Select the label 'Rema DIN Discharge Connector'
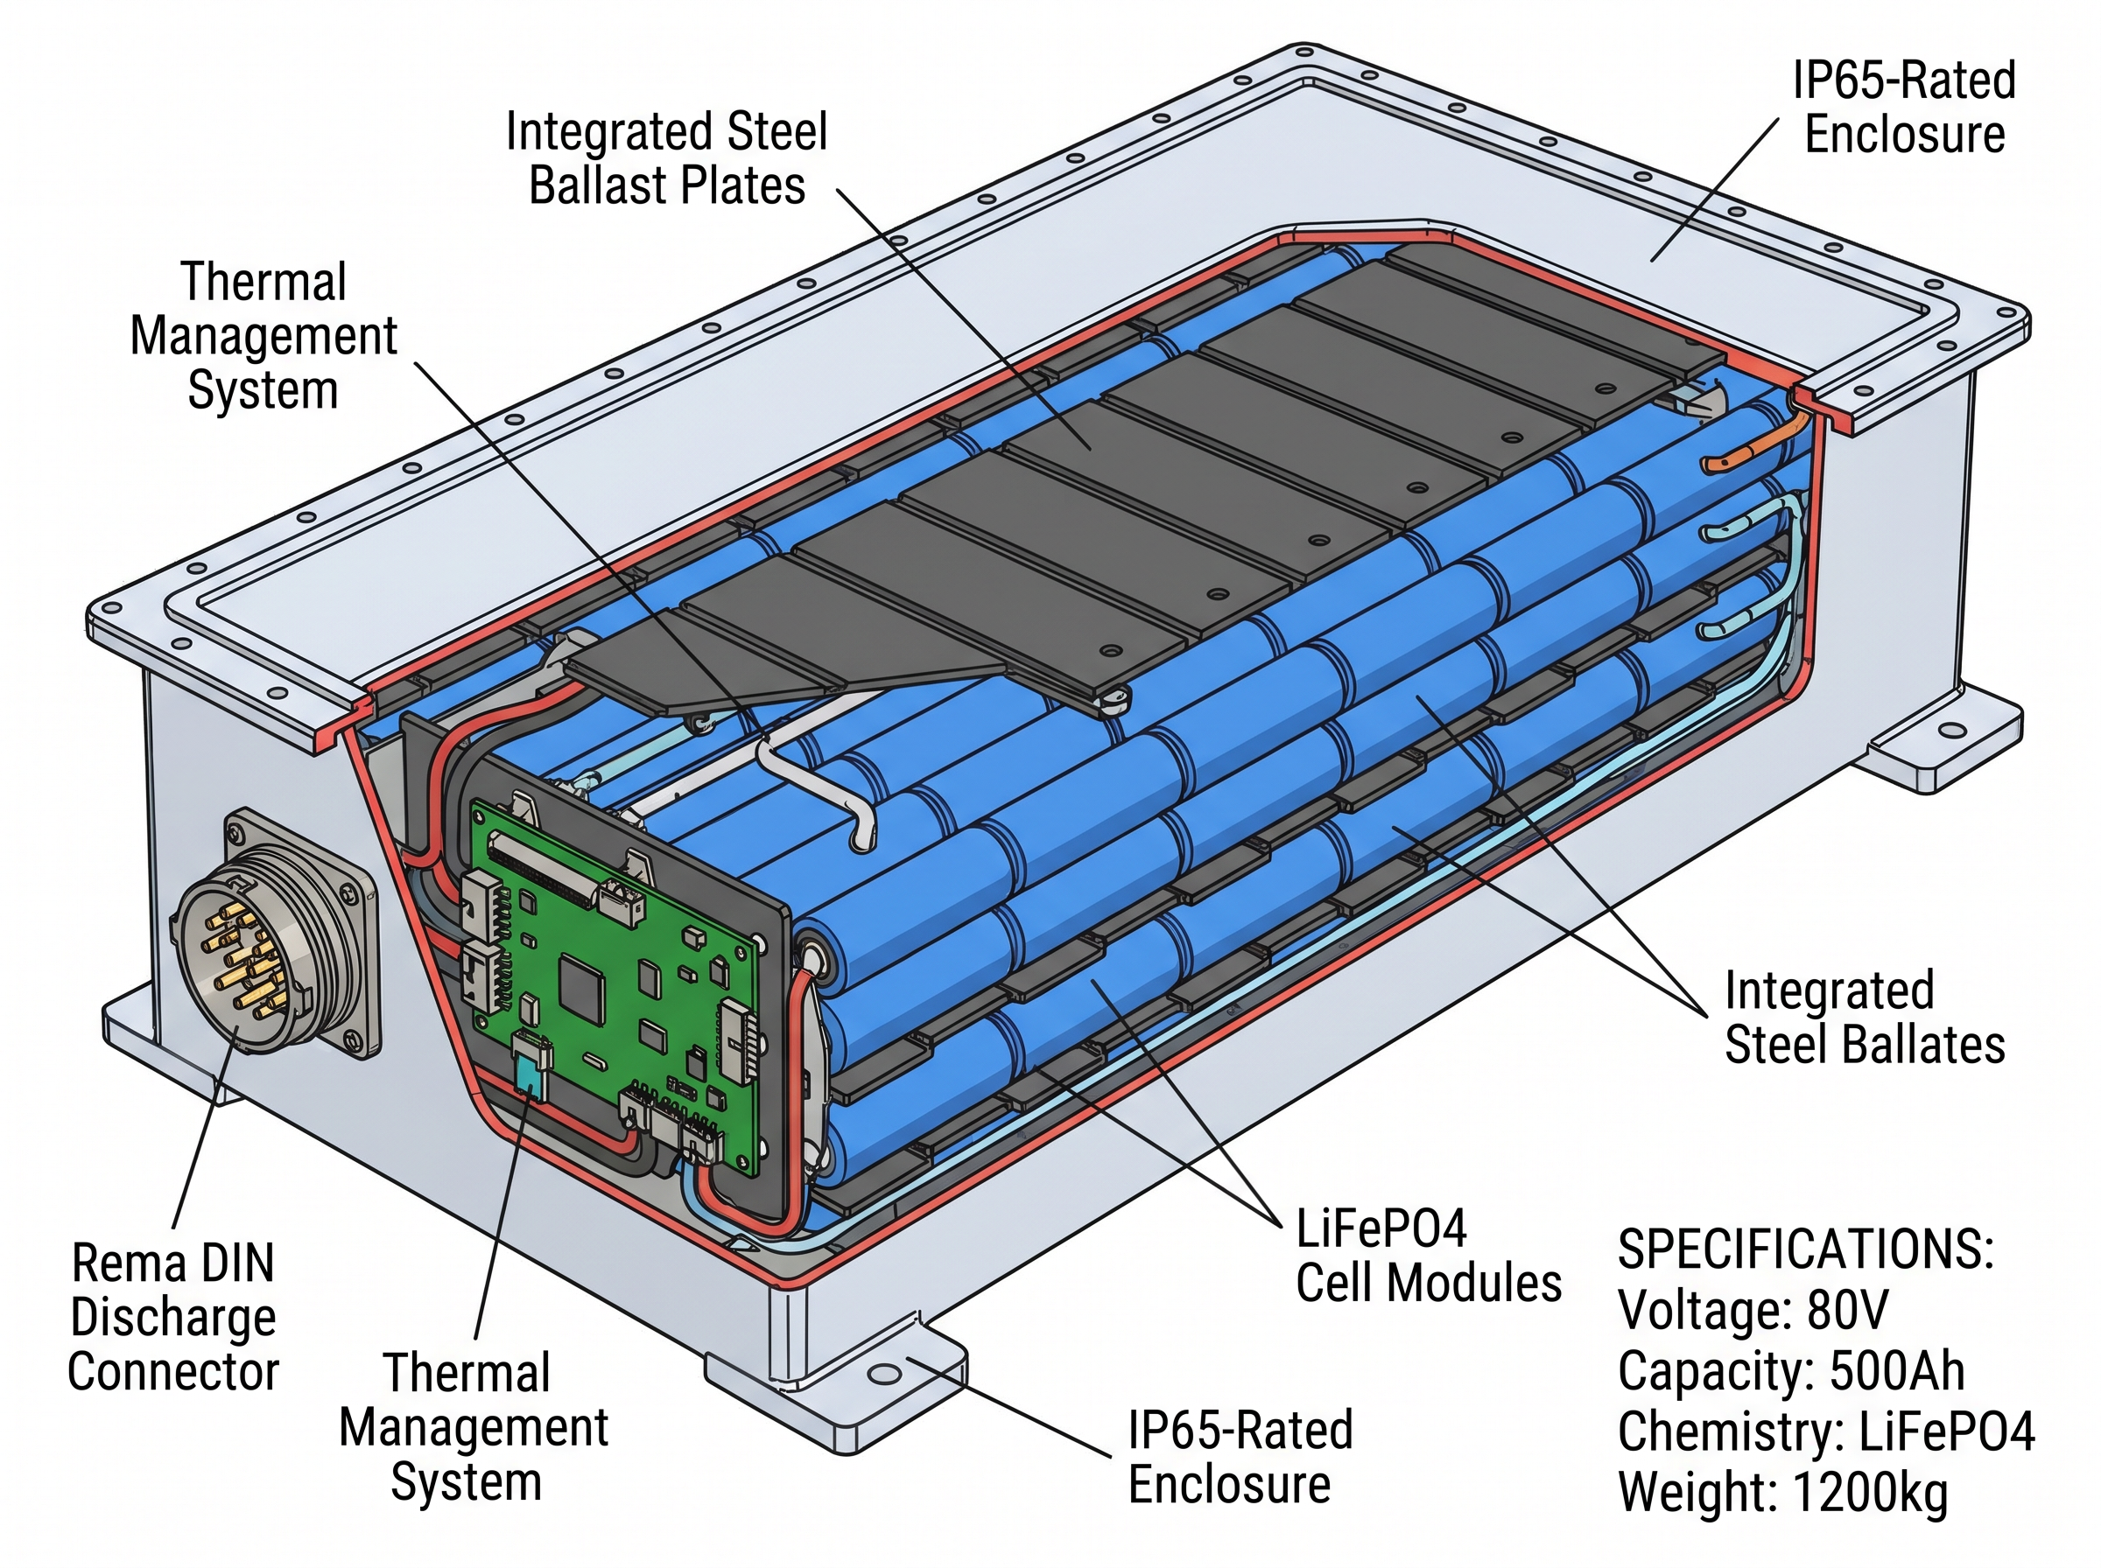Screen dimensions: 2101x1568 tap(173, 1318)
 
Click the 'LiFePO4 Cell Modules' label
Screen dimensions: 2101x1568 tap(1428, 1256)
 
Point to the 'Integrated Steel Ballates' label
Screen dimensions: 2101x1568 tap(1864, 1018)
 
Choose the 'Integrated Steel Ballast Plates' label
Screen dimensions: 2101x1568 tap(666, 157)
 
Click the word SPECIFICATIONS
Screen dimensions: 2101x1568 tap(1805, 1249)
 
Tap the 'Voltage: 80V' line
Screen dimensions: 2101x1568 tap(1753, 1311)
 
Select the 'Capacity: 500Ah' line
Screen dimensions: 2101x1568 tap(1790, 1370)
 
